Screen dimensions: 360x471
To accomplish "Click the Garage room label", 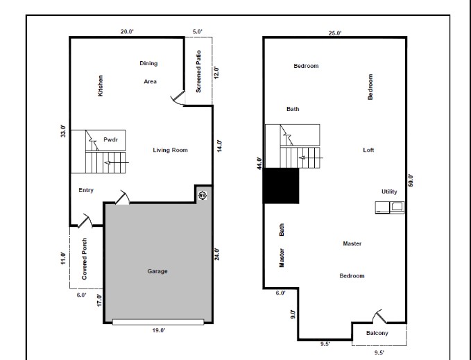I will (157, 271).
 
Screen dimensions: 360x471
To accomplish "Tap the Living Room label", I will (171, 150).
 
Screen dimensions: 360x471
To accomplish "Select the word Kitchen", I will (101, 85).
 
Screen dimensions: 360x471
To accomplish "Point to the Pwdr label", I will (111, 139).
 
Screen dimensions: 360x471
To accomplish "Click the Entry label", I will (86, 191).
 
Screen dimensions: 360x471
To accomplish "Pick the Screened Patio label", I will (198, 71).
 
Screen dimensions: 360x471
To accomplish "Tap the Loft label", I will (368, 150).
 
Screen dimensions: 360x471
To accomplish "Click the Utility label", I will (389, 191).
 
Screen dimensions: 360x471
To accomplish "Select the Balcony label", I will (377, 334).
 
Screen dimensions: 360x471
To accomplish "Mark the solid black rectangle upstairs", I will (281, 186).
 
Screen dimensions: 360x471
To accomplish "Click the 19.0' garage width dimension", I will (158, 331).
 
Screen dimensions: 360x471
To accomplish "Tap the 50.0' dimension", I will (411, 180).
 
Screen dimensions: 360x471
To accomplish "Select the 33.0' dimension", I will (63, 132).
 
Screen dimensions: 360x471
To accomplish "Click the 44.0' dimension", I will (259, 163).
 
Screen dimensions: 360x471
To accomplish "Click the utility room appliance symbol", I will (389, 206).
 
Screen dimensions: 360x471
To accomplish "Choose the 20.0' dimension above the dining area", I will (127, 32).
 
